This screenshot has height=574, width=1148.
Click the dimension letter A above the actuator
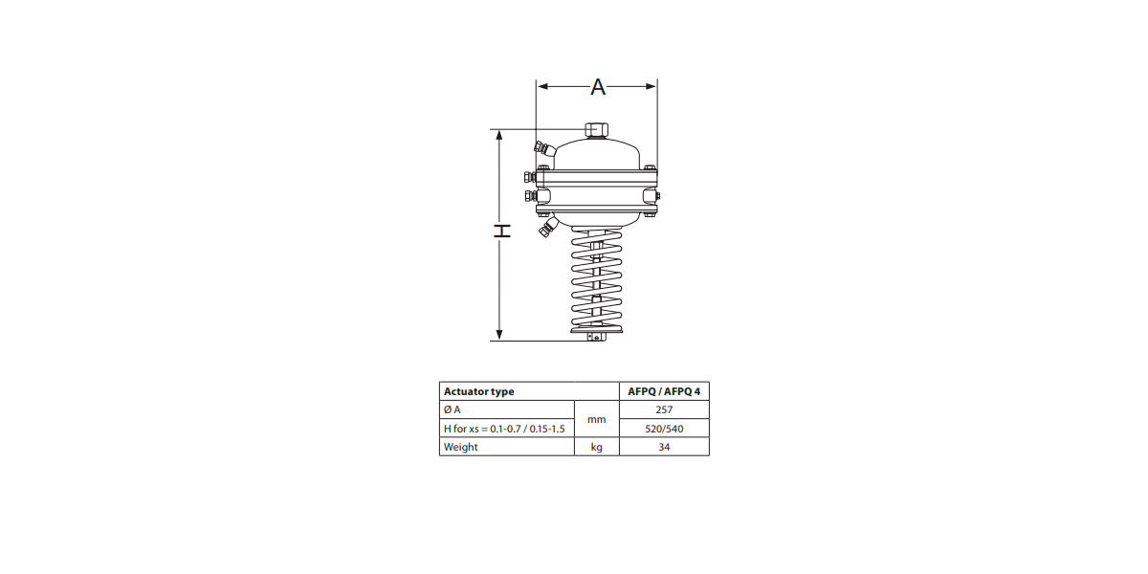point(598,87)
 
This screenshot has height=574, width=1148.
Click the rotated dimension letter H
point(502,231)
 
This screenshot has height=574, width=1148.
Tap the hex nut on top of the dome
point(597,129)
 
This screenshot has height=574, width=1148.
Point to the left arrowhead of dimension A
point(542,87)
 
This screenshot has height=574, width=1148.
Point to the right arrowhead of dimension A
point(651,87)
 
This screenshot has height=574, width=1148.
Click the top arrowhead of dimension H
point(499,135)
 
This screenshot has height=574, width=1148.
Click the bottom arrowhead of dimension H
point(499,335)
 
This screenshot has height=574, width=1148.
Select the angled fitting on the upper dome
point(544,148)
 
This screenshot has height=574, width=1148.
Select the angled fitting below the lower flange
point(548,227)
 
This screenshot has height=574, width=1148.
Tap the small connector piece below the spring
point(596,337)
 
